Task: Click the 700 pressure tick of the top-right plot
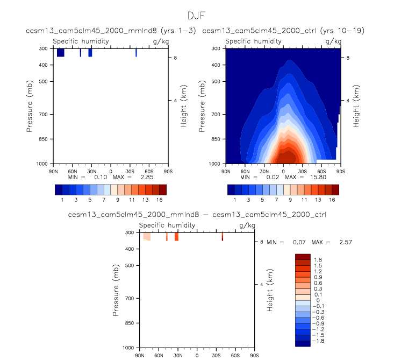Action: click(216, 115)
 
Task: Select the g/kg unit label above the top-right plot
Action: click(333, 41)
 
